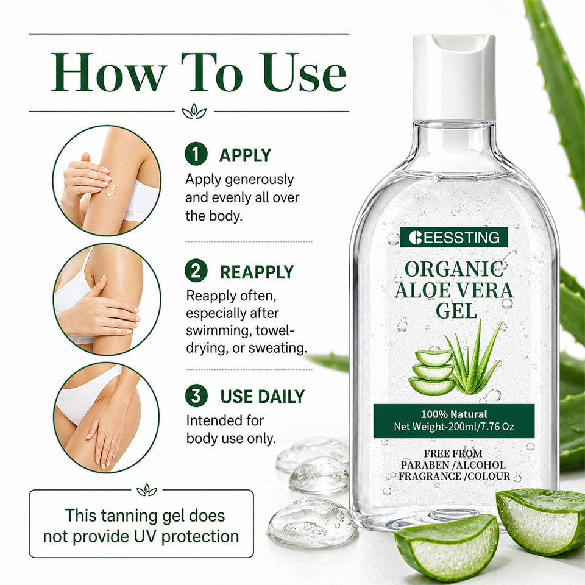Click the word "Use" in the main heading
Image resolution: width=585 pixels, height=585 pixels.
tap(304, 72)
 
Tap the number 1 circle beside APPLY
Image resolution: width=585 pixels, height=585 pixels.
tap(196, 154)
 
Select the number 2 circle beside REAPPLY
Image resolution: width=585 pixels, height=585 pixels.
tap(196, 271)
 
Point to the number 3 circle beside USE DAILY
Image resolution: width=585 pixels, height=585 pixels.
tap(196, 395)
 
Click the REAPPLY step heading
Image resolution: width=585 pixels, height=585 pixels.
tap(257, 272)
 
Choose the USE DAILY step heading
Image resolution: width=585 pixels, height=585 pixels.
tap(263, 397)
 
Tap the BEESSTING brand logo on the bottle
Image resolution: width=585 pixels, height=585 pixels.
tap(454, 237)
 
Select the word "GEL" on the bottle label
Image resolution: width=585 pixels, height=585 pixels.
tap(456, 310)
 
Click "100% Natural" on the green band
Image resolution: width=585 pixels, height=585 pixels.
tap(454, 414)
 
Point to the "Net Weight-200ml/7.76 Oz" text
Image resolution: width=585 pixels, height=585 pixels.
tap(454, 427)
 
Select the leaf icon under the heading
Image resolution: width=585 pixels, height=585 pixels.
tap(194, 111)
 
